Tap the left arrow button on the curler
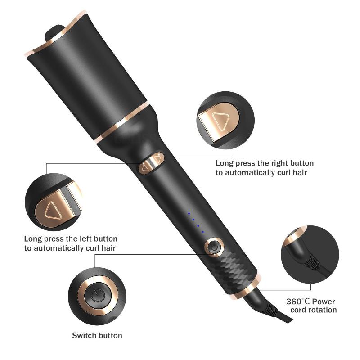click(145, 168)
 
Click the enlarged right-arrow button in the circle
click(219, 120)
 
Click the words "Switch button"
click(97, 335)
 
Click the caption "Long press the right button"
click(265, 163)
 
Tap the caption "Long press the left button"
click(71, 238)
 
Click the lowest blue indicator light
click(202, 232)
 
